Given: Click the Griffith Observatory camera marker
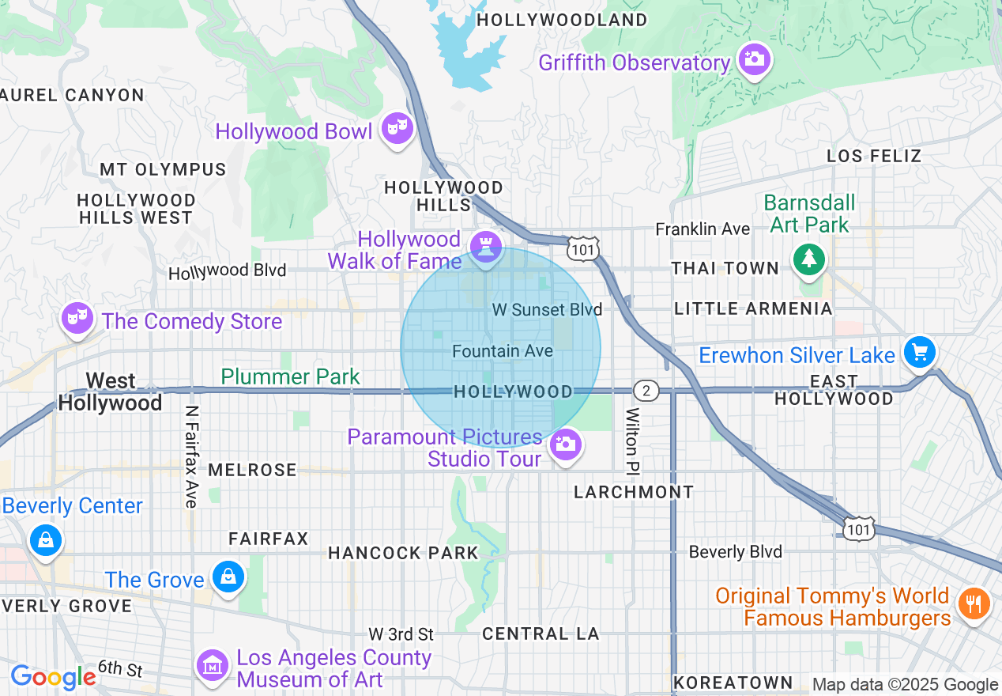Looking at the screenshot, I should pyautogui.click(x=754, y=59).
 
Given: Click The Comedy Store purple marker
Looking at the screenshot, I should pyautogui.click(x=77, y=318).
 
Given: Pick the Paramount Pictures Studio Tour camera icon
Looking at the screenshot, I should pyautogui.click(x=565, y=444).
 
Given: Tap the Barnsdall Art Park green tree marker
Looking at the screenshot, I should pyautogui.click(x=808, y=259).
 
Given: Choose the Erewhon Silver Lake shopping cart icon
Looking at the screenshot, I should pyautogui.click(x=919, y=352).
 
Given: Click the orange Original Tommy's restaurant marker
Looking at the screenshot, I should pyautogui.click(x=974, y=604).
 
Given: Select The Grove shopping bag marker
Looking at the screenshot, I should pyautogui.click(x=228, y=577).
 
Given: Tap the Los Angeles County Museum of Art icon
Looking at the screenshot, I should pyautogui.click(x=212, y=666).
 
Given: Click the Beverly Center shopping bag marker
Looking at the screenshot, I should pyautogui.click(x=46, y=541).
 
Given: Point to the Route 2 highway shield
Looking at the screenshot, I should pyautogui.click(x=646, y=391).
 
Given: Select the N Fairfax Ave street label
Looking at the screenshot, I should pyautogui.click(x=190, y=456).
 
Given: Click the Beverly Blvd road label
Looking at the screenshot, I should pyautogui.click(x=735, y=551).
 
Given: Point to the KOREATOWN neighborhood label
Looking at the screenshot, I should pyautogui.click(x=733, y=682).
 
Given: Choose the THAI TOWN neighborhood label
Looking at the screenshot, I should pyautogui.click(x=725, y=269).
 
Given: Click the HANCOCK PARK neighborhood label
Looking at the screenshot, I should pyautogui.click(x=403, y=553).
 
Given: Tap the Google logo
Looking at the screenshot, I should pyautogui.click(x=53, y=677).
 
